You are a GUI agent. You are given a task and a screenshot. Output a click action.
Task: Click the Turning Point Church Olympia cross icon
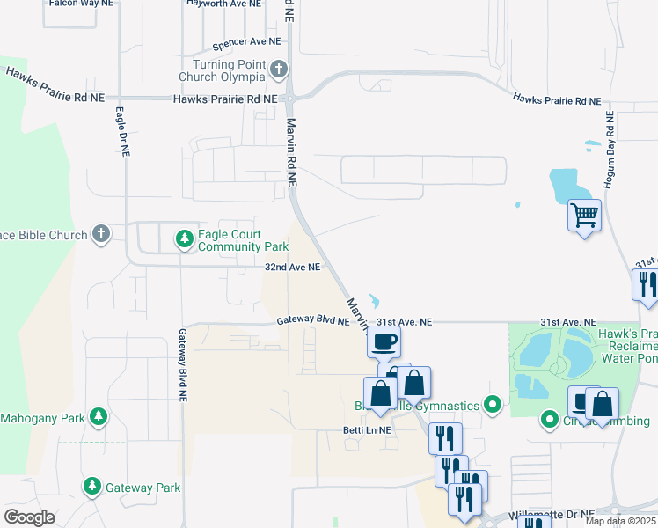279,68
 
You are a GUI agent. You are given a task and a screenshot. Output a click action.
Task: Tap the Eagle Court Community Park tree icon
184,238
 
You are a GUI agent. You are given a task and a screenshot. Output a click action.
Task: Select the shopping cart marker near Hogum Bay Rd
584,214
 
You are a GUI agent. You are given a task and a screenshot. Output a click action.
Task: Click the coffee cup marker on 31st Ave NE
384,341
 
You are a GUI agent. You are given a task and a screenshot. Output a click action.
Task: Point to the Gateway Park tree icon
91,485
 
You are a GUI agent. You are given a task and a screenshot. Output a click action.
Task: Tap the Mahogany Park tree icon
100,416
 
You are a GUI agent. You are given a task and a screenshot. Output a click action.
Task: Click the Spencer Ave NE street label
247,41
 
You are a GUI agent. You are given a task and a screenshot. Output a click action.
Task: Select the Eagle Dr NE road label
123,132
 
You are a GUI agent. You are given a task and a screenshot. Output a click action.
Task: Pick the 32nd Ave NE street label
291,266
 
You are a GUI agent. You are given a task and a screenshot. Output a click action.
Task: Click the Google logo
30,517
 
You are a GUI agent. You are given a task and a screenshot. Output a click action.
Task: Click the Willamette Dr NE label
552,513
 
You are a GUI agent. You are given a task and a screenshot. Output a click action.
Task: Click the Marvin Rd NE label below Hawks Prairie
291,150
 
